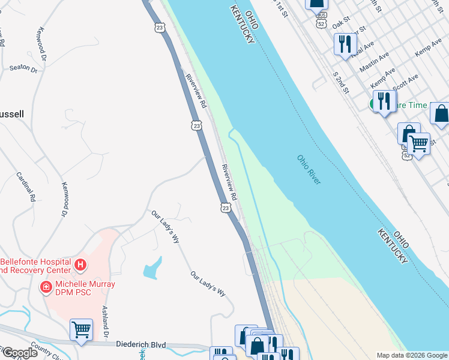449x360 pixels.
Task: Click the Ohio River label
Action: pos(309,170)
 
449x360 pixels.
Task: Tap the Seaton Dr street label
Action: pos(23,68)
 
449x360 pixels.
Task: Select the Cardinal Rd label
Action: pos(26,187)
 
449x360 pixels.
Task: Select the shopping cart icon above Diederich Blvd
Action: pos(81,329)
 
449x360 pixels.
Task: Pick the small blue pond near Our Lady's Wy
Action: pos(152,267)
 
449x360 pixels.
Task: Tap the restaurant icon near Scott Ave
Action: pos(383,100)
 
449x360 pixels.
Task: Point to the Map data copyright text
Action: pos(411,355)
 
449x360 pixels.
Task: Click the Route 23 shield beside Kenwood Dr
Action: pos(159,28)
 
